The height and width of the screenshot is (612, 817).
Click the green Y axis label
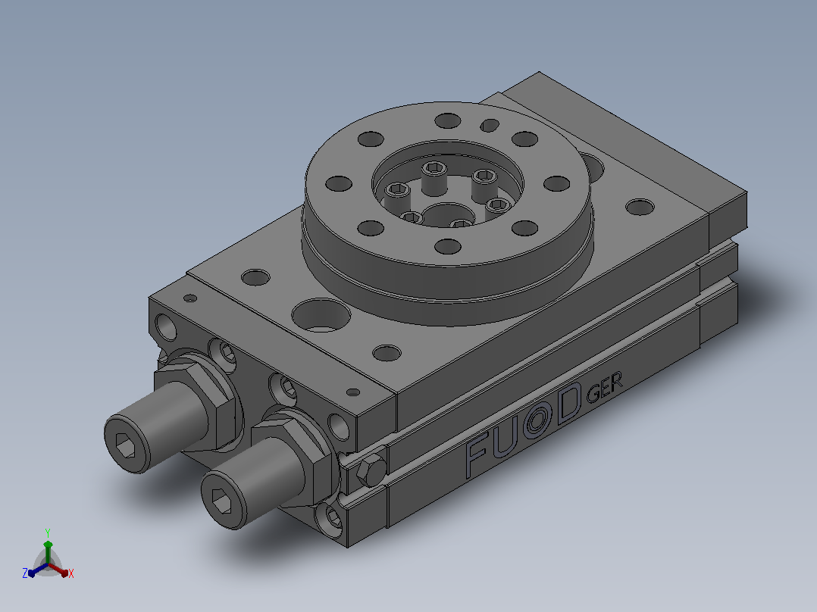tap(48, 532)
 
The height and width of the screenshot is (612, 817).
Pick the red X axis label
tap(71, 573)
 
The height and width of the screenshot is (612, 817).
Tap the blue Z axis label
tap(25, 573)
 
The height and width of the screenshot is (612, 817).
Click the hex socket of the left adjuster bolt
tap(124, 446)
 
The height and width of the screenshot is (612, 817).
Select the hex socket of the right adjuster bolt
tap(223, 503)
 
